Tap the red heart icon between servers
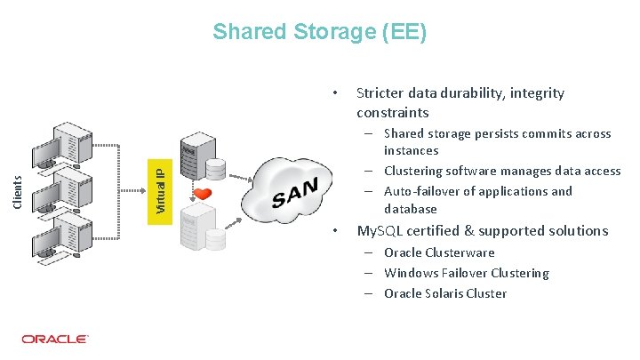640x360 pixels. (x=203, y=193)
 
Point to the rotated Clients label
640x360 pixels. (x=16, y=191)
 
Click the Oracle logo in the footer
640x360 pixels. (x=54, y=339)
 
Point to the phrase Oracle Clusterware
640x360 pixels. (x=439, y=252)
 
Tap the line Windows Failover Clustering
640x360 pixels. (x=466, y=273)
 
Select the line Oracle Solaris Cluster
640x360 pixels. (x=444, y=293)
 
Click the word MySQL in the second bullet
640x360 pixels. (x=379, y=230)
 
